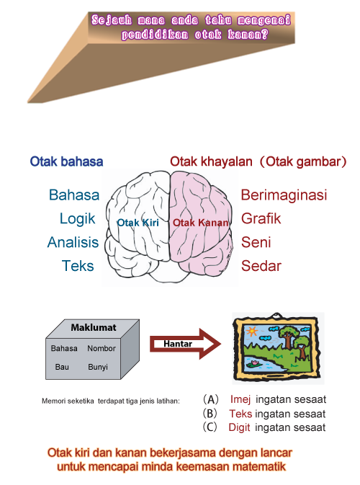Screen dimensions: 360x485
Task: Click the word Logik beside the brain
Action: pos(77,219)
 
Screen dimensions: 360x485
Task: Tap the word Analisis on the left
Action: pos(73,242)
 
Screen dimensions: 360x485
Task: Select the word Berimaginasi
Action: pos(284,195)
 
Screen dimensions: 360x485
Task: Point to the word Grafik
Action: pos(261,219)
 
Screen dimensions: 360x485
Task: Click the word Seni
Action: pos(256,242)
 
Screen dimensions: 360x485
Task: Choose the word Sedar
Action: pos(261,266)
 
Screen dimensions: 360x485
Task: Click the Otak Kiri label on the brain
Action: pos(138,223)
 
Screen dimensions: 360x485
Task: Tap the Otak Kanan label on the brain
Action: pos(201,223)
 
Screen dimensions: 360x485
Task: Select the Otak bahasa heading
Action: pos(66,161)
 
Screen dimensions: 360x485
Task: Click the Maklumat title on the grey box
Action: pos(94,328)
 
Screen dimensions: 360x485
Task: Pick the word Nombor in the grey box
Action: pos(102,349)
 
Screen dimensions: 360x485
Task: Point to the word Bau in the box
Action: pos(62,367)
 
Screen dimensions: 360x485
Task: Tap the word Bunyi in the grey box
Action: pos(98,367)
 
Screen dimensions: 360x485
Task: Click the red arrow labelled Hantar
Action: pos(186,344)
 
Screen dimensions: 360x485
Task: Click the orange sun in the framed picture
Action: pos(252,331)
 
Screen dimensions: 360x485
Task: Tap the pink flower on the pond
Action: pos(255,362)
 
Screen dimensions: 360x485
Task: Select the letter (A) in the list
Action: pos(211,399)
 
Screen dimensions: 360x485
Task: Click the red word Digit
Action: pos(239,427)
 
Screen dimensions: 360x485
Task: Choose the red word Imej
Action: pos(240,399)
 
